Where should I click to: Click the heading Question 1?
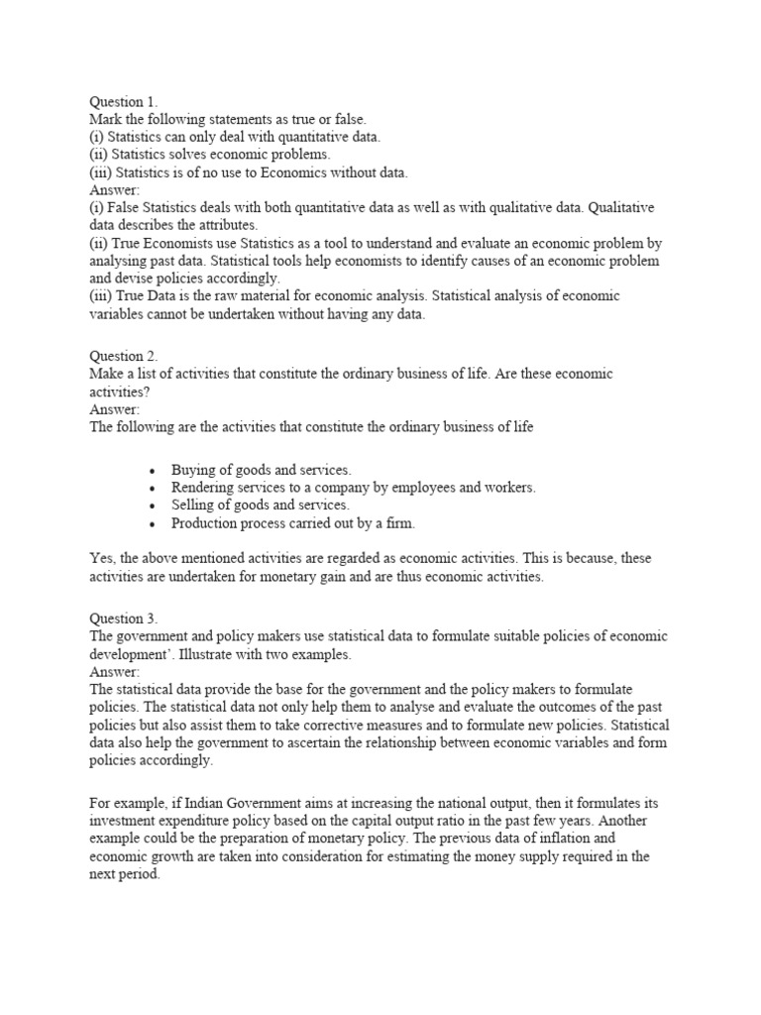click(x=123, y=101)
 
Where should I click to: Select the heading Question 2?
click(x=124, y=356)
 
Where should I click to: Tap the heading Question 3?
click(x=124, y=619)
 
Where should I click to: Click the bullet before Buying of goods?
click(x=152, y=471)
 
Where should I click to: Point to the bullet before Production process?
click(x=152, y=524)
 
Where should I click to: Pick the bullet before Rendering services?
click(x=152, y=489)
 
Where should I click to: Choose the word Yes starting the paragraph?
click(x=102, y=559)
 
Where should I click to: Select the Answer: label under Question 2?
click(x=115, y=409)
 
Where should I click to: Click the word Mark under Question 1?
click(x=107, y=119)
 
